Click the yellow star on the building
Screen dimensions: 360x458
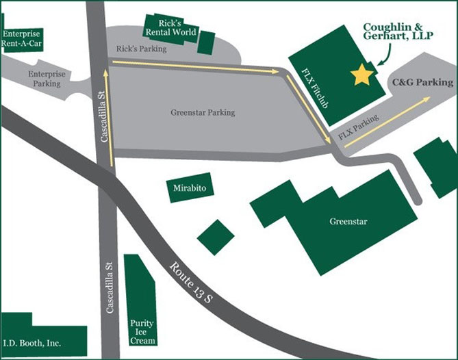[361, 75]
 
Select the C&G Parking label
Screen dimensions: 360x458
[422, 82]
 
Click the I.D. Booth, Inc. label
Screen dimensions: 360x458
[32, 344]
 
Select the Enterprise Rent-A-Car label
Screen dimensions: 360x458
[21, 38]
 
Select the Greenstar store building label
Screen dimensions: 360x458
[348, 221]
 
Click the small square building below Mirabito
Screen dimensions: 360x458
[216, 237]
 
